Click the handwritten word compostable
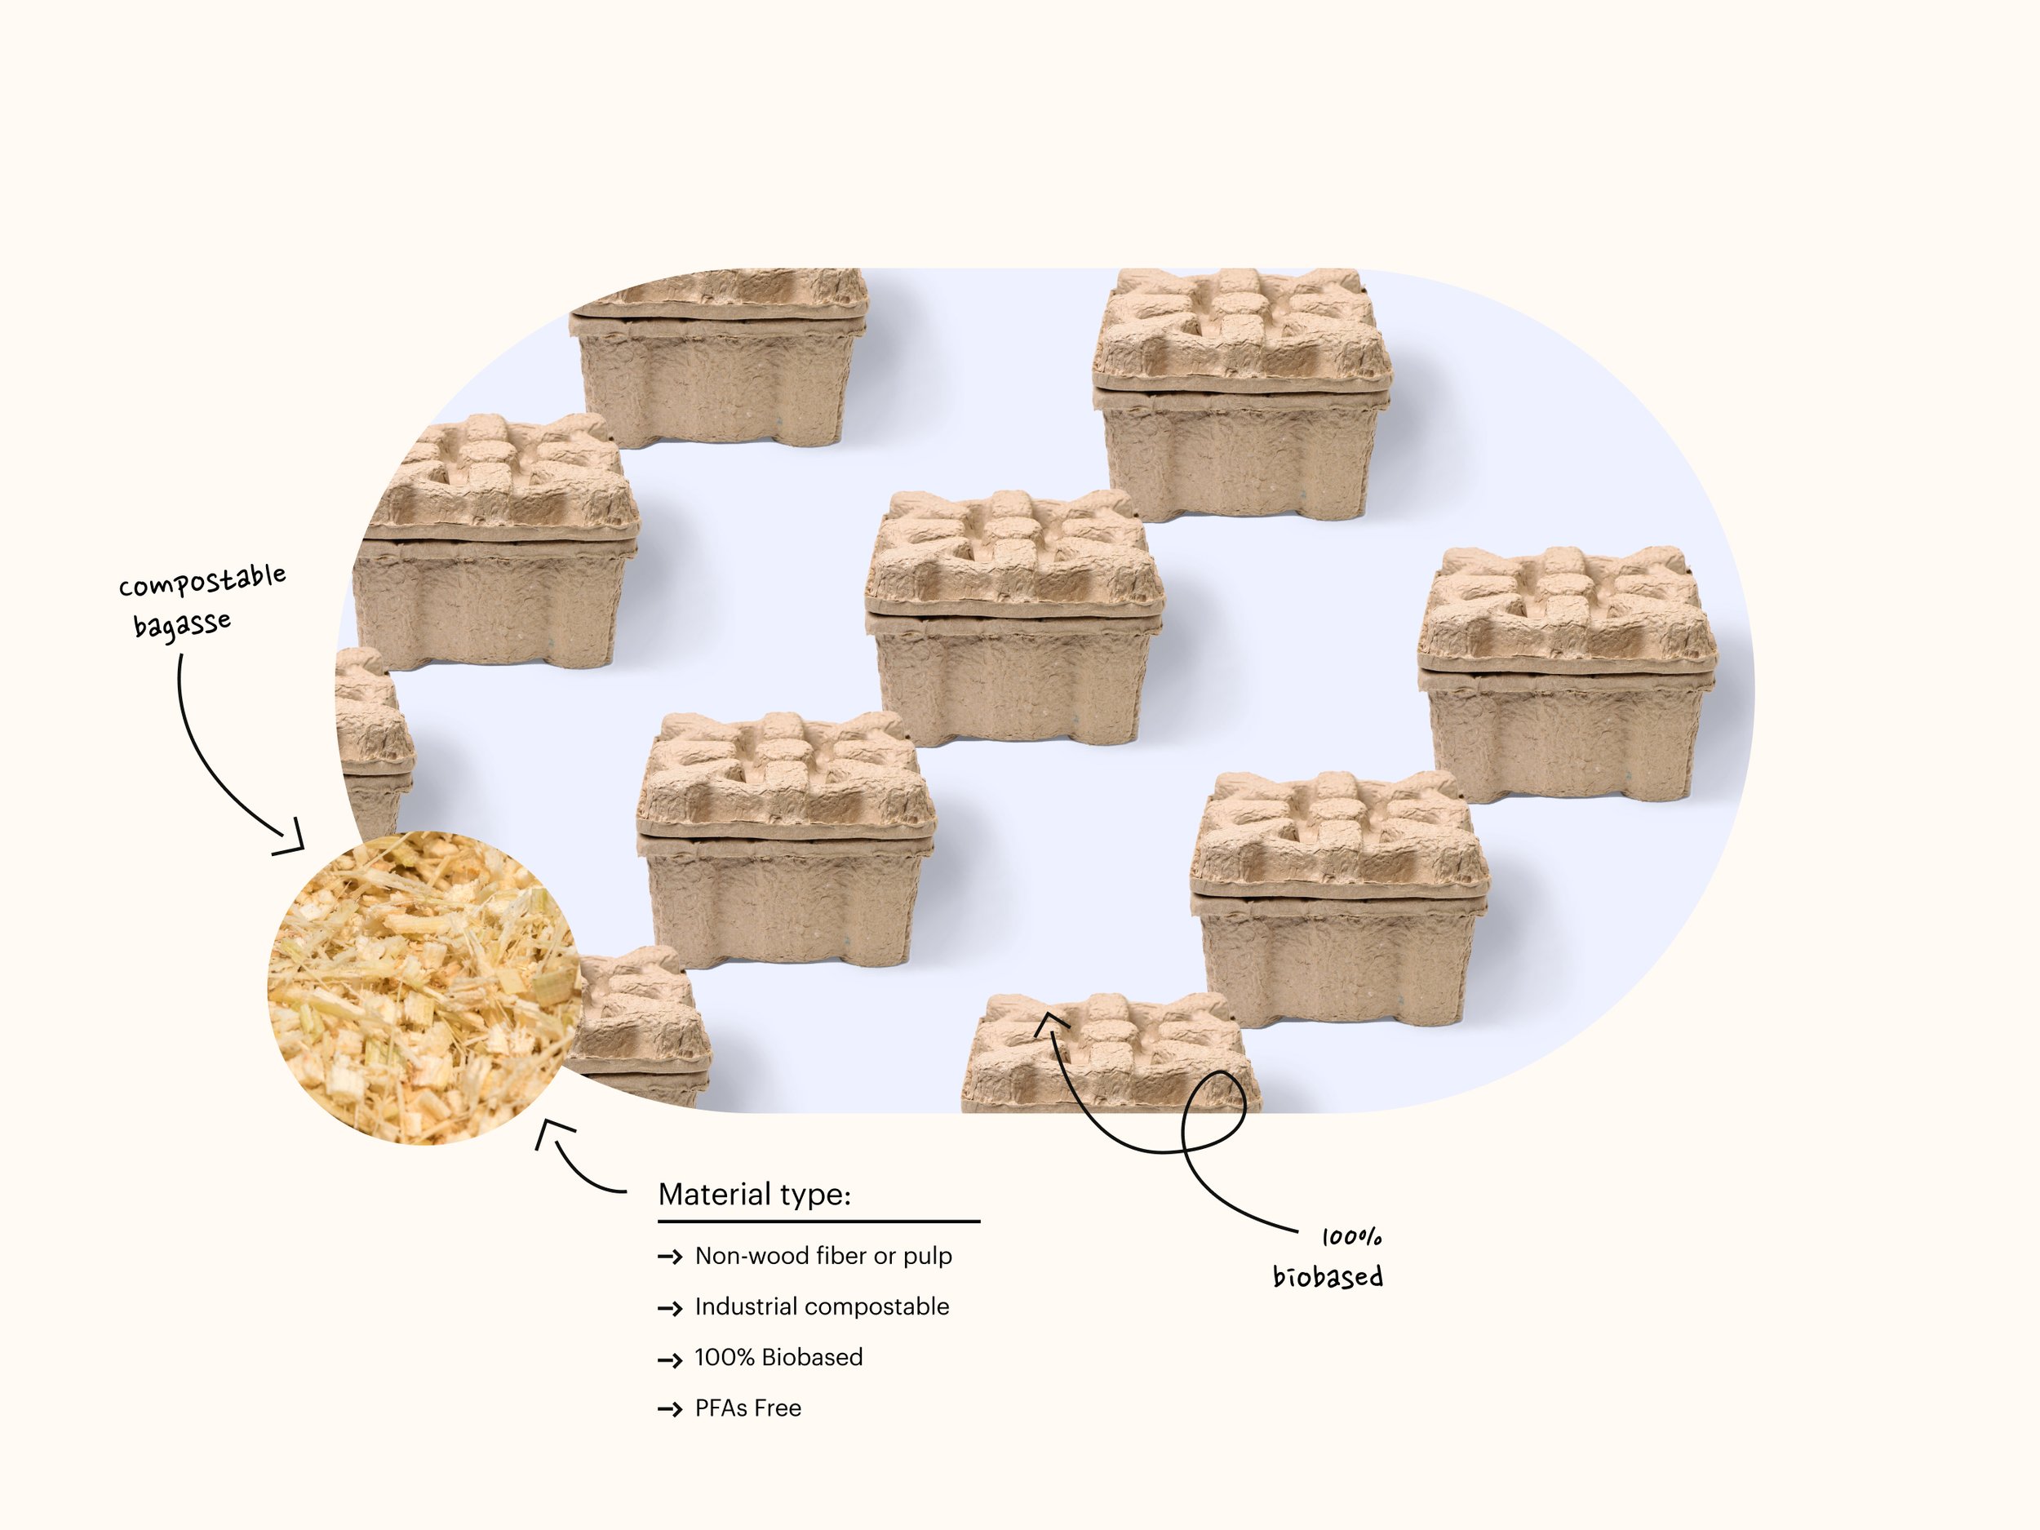pyautogui.click(x=202, y=581)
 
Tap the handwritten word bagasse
pyautogui.click(x=182, y=624)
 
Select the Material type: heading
pyautogui.click(x=753, y=1195)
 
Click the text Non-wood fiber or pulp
pyautogui.click(x=823, y=1255)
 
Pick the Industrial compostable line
pyautogui.click(x=821, y=1306)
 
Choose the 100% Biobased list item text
pyautogui.click(x=778, y=1357)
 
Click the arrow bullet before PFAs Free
pyautogui.click(x=670, y=1409)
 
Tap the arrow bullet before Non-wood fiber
pyautogui.click(x=670, y=1257)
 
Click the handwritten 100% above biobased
pyautogui.click(x=1351, y=1237)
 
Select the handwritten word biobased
pyautogui.click(x=1327, y=1276)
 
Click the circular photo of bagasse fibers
pyautogui.click(x=424, y=987)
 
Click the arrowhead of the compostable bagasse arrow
pyautogui.click(x=292, y=839)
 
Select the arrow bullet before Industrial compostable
pyautogui.click(x=670, y=1308)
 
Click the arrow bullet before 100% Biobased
pyautogui.click(x=670, y=1359)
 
